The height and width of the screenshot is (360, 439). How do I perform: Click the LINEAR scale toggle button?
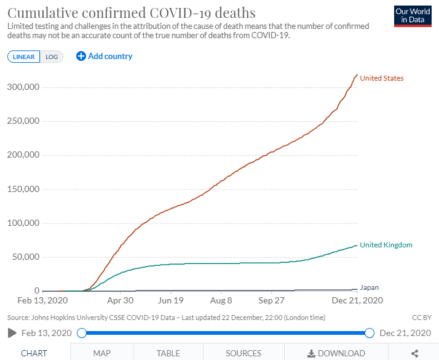[24, 57]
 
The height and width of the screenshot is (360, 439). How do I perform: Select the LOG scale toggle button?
[52, 57]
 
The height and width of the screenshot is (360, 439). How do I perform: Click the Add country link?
[105, 56]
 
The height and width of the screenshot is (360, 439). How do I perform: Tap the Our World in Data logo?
[412, 16]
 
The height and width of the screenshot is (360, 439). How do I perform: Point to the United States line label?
[381, 78]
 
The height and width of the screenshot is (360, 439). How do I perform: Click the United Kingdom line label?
[386, 245]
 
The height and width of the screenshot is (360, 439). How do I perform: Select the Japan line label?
[369, 287]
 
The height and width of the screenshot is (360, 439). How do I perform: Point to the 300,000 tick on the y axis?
[23, 87]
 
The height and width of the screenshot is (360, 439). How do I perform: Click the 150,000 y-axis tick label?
[23, 189]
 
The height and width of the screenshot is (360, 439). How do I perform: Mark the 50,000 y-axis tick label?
[25, 257]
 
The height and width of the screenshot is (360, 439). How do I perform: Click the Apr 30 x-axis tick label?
[121, 301]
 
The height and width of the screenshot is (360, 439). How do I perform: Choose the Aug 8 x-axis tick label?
[221, 301]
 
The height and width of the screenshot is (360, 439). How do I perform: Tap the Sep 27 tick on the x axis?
[272, 301]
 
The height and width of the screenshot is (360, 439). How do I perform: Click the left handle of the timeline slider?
[82, 333]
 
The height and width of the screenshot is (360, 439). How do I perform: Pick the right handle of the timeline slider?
[370, 333]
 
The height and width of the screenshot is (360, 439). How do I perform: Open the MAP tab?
[101, 353]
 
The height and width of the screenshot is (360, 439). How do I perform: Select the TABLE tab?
[168, 353]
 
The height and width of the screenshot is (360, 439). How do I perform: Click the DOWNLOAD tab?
[336, 353]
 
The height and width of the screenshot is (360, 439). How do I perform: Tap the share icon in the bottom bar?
[414, 353]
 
